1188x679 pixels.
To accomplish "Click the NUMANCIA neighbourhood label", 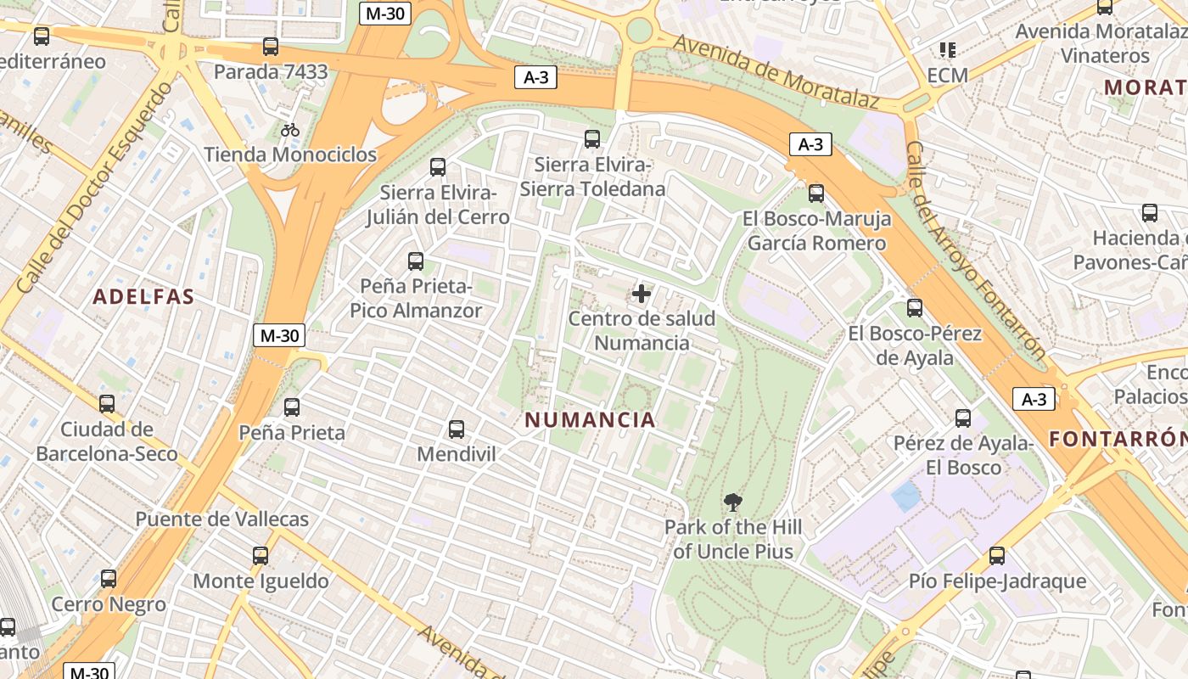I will click(590, 419).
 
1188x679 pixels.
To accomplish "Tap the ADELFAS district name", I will click(143, 297).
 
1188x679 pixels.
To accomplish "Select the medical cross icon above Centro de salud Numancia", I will click(642, 294).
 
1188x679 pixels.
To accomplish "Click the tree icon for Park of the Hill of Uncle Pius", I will click(732, 502).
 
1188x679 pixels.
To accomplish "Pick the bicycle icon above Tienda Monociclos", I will click(290, 130).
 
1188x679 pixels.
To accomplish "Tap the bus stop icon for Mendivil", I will click(457, 429).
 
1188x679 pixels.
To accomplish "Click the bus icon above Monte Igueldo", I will click(261, 556).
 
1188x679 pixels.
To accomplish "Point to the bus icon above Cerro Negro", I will click(109, 579).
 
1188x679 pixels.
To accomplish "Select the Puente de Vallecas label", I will click(222, 519).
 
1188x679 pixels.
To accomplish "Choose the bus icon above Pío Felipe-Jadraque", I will click(997, 556).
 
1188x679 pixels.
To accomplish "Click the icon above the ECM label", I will click(948, 50).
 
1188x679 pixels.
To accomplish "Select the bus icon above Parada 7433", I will click(271, 47).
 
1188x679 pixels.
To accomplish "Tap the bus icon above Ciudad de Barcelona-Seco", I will click(107, 404).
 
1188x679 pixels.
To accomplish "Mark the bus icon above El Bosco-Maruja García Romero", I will click(816, 194).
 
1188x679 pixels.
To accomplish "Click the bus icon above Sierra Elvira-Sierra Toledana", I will click(592, 139).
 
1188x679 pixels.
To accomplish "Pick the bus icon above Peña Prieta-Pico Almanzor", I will click(416, 261).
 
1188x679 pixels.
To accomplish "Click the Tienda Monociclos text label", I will click(290, 154).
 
